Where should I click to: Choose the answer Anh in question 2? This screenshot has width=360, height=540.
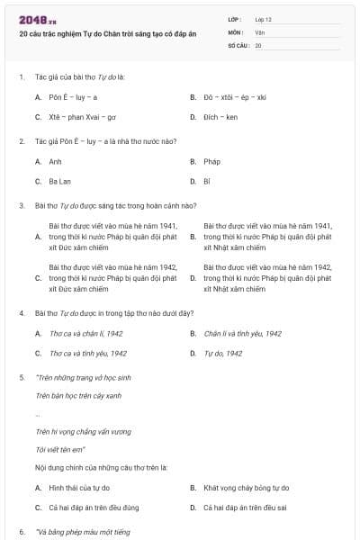coord(55,161)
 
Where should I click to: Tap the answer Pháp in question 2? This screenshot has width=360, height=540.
coord(211,161)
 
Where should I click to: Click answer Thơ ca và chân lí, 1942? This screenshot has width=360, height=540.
coord(85,333)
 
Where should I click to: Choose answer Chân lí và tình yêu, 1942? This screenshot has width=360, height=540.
coord(242,333)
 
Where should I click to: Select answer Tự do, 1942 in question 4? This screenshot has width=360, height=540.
coord(222,354)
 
